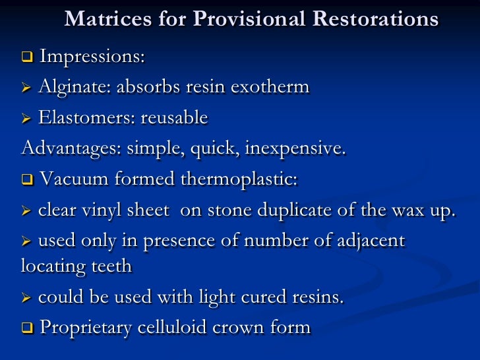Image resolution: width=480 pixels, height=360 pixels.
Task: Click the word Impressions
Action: [x=92, y=57]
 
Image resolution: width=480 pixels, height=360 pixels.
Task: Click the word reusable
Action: [x=173, y=118]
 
